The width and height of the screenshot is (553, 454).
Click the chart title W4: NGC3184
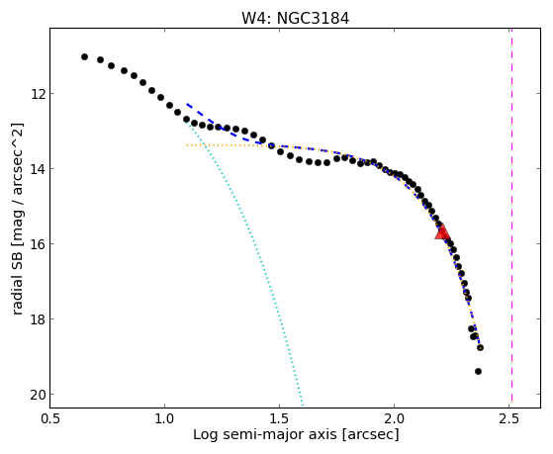click(x=295, y=18)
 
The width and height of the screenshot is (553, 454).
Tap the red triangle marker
click(x=442, y=231)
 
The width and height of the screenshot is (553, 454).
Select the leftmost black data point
click(x=84, y=56)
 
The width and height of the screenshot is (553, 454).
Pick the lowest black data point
click(x=478, y=371)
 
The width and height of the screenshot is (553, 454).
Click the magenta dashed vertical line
click(x=511, y=218)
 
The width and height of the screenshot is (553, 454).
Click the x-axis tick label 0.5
click(x=49, y=418)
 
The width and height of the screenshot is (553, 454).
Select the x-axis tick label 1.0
click(x=164, y=418)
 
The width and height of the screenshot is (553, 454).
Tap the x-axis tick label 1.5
click(x=279, y=418)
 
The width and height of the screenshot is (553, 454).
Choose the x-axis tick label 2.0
click(x=394, y=418)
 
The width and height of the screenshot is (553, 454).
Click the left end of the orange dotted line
click(x=187, y=145)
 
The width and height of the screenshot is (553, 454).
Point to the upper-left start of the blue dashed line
click(x=187, y=104)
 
